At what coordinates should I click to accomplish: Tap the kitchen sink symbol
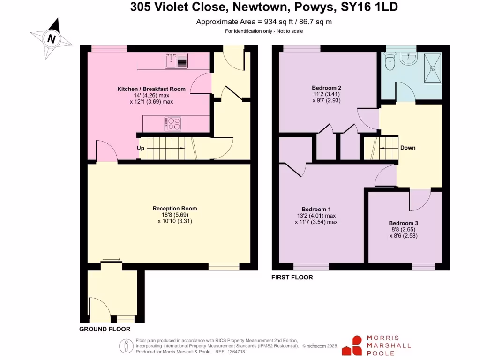coord(176,61)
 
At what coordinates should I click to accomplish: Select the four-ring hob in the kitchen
coord(172,123)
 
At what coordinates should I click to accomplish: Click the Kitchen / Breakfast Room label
coord(151,89)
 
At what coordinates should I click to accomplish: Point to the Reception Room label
coord(175,209)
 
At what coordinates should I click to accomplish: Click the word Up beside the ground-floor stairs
coord(141,148)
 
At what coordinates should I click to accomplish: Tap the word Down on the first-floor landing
coord(407,148)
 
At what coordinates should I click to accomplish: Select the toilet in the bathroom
coord(389,61)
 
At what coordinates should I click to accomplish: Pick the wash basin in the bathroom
coord(410,58)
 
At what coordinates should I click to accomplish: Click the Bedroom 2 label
coord(326,88)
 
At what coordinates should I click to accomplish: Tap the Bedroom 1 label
coord(316,209)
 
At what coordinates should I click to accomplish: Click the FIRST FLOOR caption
coord(292,277)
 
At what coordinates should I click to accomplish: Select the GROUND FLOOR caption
coord(105,329)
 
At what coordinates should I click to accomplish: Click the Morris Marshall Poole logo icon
coord(352,345)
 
